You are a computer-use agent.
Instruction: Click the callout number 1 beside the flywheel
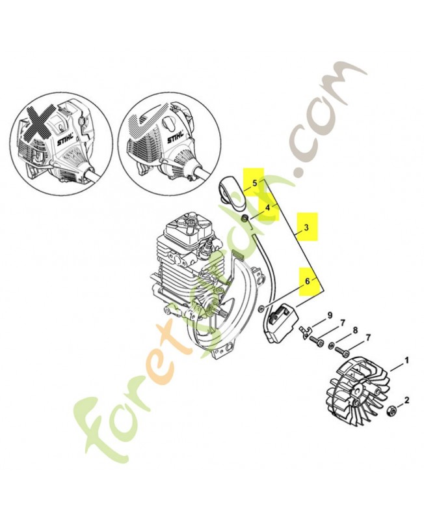pyautogui.click(x=407, y=360)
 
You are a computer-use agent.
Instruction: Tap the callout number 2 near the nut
pyautogui.click(x=407, y=400)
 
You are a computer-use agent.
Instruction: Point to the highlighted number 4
pyautogui.click(x=267, y=207)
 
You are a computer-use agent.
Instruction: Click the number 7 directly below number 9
pyautogui.click(x=342, y=324)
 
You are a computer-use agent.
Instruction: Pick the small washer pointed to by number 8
pyautogui.click(x=332, y=345)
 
